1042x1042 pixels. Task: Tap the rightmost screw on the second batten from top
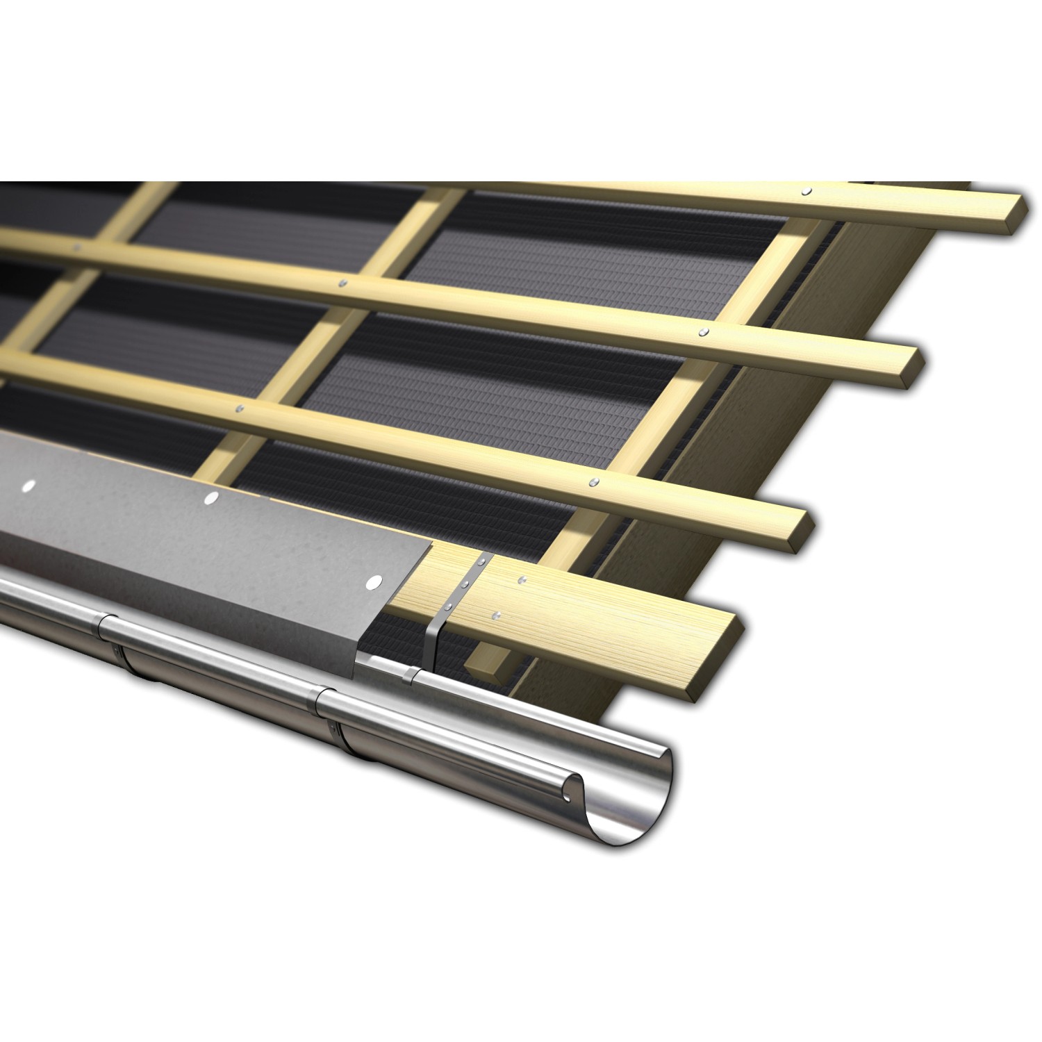[704, 331]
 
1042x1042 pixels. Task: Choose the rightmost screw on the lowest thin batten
[593, 481]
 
